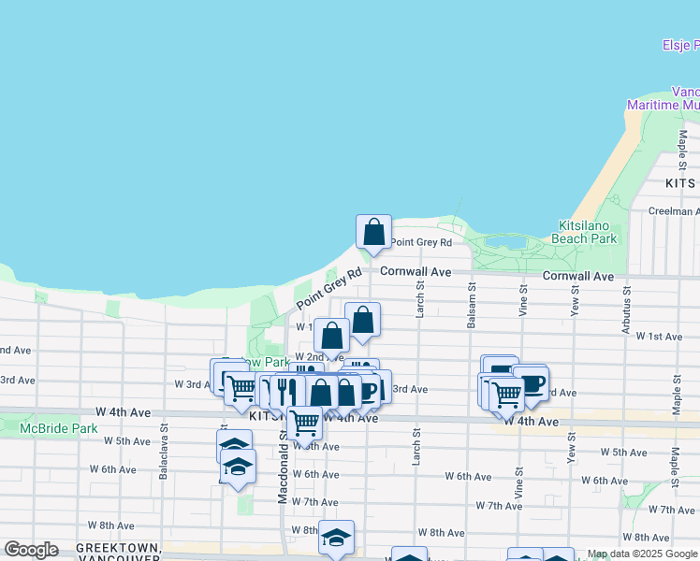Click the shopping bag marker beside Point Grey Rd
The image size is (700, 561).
click(373, 231)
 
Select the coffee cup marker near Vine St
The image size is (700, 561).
click(530, 383)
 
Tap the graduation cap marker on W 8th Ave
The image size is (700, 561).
click(336, 538)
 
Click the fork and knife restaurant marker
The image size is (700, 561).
click(286, 391)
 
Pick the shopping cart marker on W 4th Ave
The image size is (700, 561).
click(303, 422)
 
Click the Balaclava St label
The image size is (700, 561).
click(164, 453)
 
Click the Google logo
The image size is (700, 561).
click(31, 550)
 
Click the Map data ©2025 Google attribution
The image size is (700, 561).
click(641, 554)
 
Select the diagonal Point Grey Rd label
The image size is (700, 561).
click(328, 291)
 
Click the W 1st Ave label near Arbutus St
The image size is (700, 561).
click(659, 336)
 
